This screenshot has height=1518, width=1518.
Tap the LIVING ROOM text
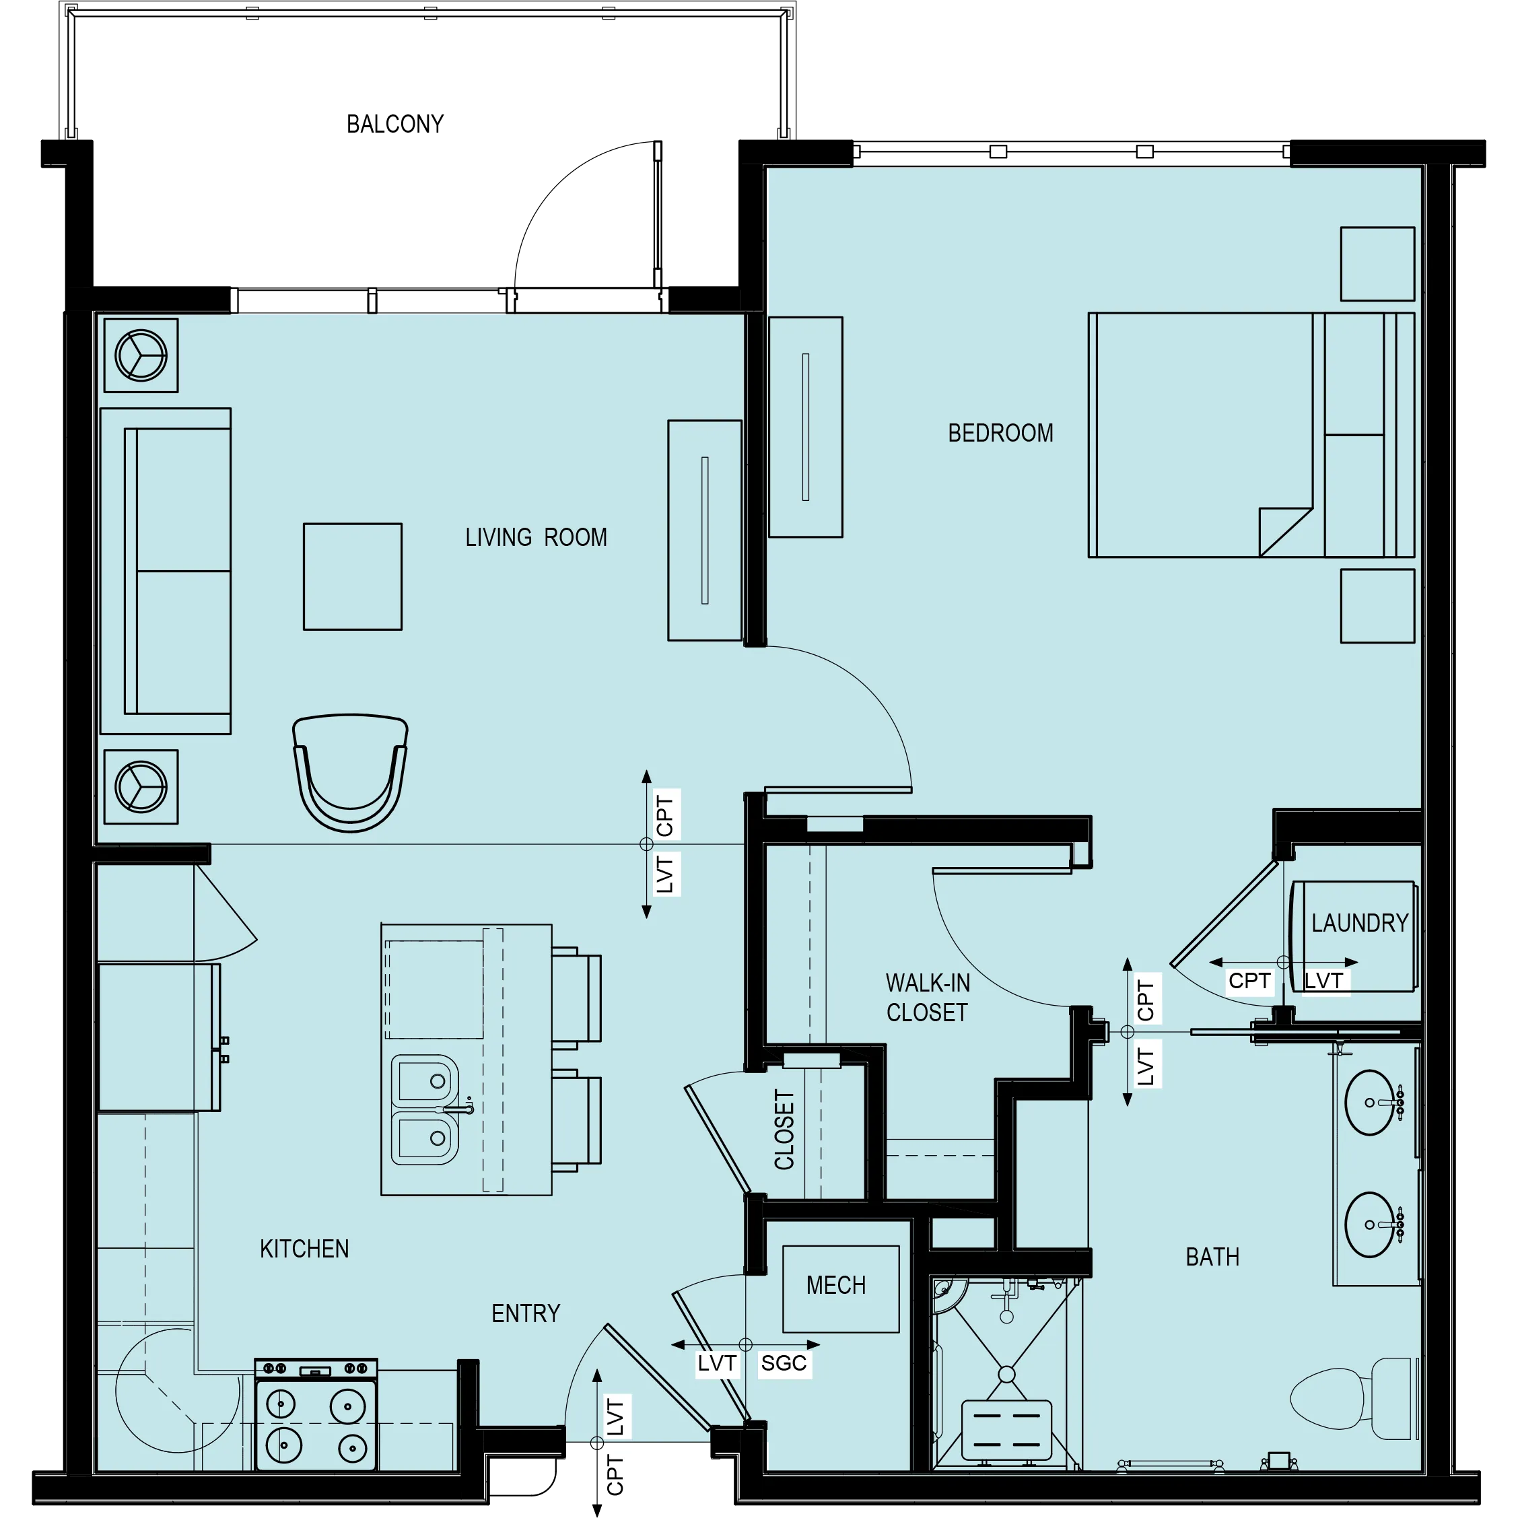537,539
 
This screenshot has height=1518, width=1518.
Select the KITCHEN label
305,1249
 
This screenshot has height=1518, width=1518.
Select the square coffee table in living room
353,578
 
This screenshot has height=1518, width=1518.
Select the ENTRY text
527,1314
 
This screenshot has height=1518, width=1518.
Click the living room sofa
166,572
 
